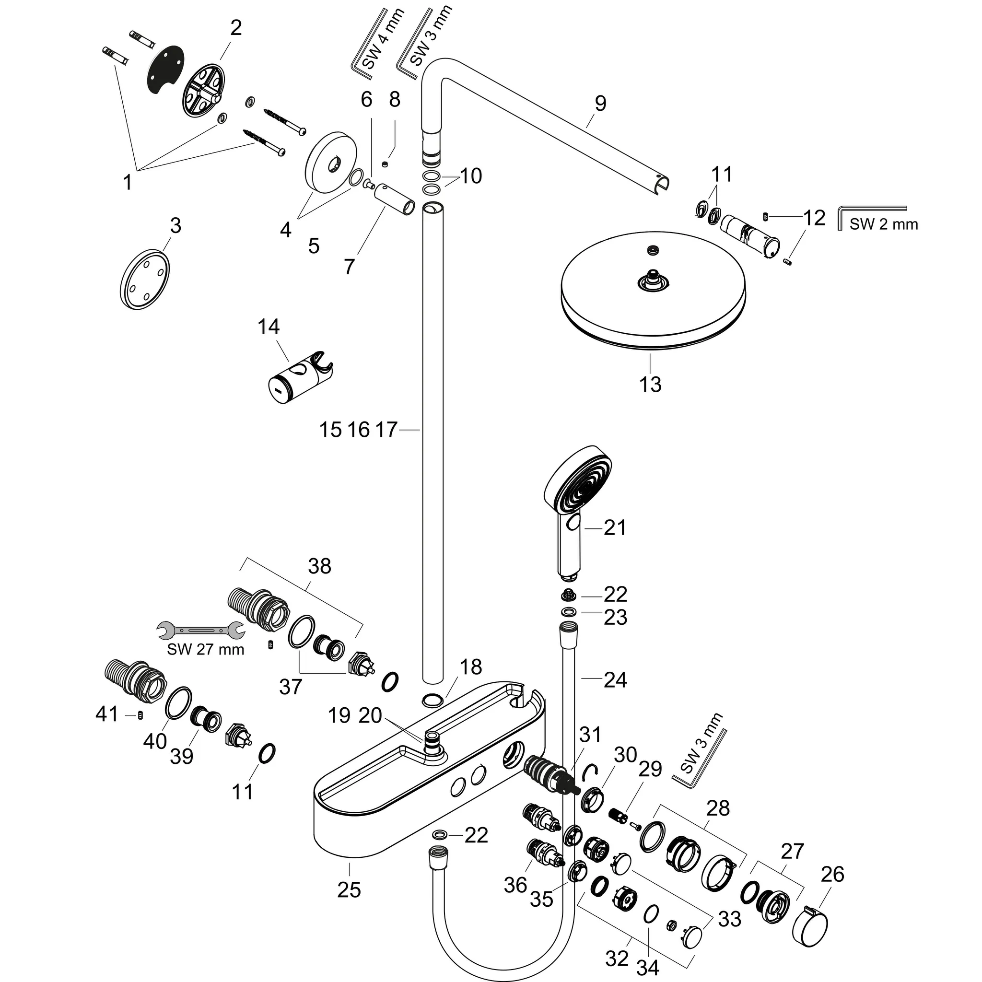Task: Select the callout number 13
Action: [x=650, y=384]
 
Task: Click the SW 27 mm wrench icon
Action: [x=200, y=631]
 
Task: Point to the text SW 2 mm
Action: [x=883, y=224]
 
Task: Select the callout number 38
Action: [x=319, y=566]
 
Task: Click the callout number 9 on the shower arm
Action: [x=600, y=104]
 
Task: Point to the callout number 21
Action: [x=615, y=527]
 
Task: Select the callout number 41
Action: [x=107, y=714]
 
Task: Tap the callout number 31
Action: [x=590, y=735]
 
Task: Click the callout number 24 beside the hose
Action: [x=615, y=679]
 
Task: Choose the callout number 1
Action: [x=128, y=181]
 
